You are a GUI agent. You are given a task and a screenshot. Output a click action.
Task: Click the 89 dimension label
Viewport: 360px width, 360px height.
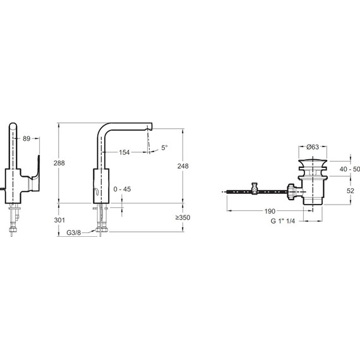(27, 138)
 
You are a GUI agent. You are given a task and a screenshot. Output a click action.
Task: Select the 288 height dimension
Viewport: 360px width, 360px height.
(59, 163)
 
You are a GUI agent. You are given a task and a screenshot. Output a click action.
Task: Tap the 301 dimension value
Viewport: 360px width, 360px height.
(59, 220)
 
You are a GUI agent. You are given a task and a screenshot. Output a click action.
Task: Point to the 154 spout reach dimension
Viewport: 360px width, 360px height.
(124, 152)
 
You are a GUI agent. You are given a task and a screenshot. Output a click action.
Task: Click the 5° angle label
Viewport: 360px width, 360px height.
(164, 148)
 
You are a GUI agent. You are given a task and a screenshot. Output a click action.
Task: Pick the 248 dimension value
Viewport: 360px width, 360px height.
(183, 166)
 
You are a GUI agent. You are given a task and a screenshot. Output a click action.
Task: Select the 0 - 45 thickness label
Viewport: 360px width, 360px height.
(122, 189)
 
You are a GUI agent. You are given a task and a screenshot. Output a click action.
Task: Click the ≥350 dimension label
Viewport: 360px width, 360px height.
(183, 217)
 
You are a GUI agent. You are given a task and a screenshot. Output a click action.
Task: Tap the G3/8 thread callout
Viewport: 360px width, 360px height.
(74, 233)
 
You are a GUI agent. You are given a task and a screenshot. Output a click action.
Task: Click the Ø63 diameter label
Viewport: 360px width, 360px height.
(313, 147)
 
